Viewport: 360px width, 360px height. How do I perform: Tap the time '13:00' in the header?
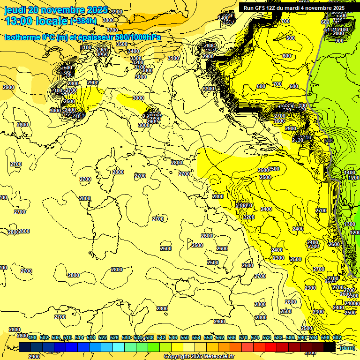[x=18, y=21]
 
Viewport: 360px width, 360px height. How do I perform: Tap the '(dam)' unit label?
[x=347, y=347]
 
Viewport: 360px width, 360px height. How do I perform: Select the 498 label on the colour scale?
[x=32, y=337]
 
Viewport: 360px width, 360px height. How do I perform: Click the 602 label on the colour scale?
[x=337, y=337]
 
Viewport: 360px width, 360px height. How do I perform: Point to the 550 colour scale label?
[x=185, y=337]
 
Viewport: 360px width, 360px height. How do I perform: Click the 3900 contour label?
[x=116, y=12]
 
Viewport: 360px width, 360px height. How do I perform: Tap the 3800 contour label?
[x=108, y=20]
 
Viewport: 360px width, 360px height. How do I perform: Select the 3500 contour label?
[x=122, y=44]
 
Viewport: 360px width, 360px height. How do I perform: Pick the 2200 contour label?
[x=249, y=217]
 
